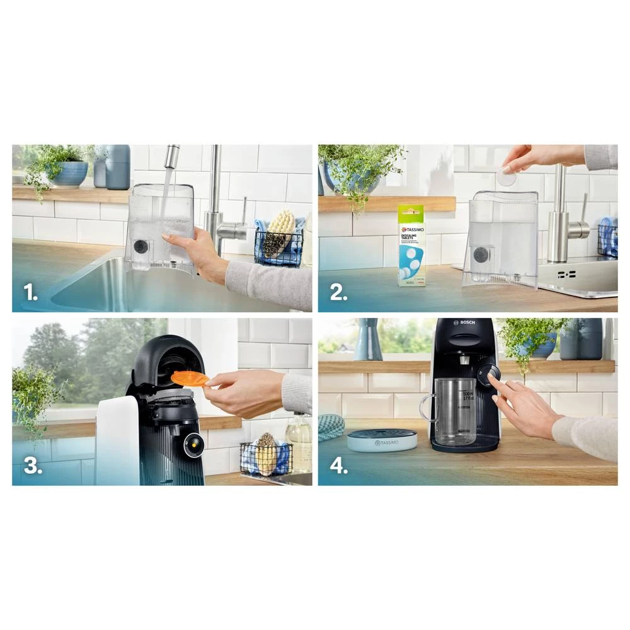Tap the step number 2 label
[338, 293]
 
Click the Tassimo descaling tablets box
[411, 245]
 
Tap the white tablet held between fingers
[506, 177]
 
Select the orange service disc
[190, 378]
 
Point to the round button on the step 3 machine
[193, 445]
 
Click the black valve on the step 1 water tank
[140, 246]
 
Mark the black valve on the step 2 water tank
[481, 255]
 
